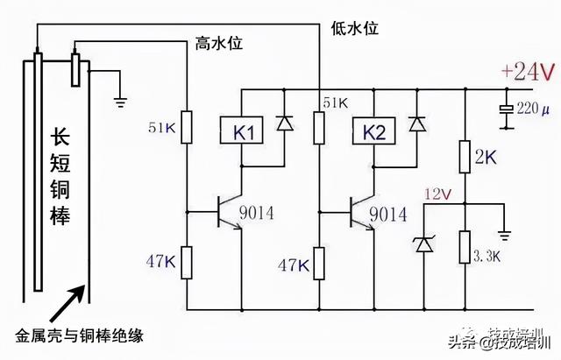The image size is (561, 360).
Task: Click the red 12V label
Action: click(436, 193)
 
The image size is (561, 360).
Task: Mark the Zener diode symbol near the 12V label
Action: click(424, 244)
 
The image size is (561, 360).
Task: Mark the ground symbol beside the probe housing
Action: click(120, 101)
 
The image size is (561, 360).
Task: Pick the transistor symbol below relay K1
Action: click(230, 211)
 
